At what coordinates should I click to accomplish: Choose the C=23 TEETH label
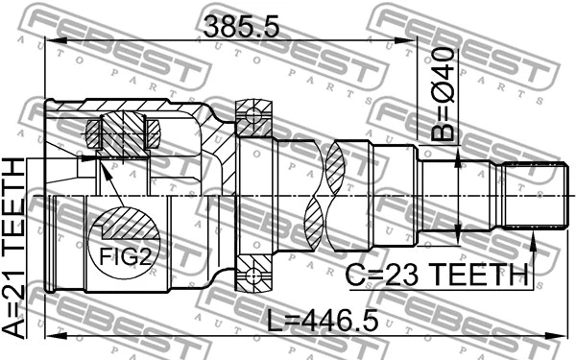(x=438, y=276)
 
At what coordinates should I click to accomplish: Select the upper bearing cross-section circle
(x=252, y=119)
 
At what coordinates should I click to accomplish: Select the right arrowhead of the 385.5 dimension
(x=407, y=40)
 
